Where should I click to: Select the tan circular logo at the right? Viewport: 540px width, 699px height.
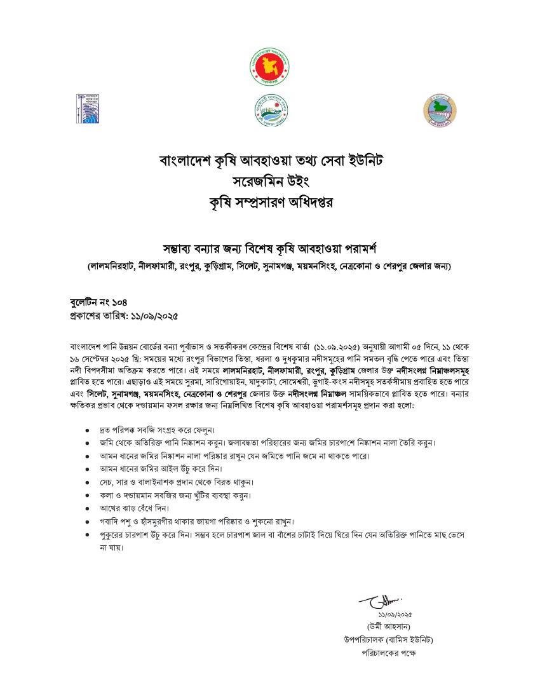[x=440, y=110]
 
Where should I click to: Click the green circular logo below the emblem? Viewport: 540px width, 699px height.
[x=270, y=110]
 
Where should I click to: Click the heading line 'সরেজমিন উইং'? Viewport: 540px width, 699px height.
[x=271, y=182]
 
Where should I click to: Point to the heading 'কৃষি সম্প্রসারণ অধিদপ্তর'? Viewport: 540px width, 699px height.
[x=271, y=204]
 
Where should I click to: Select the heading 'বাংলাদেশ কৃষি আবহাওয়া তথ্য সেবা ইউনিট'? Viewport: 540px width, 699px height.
[x=271, y=159]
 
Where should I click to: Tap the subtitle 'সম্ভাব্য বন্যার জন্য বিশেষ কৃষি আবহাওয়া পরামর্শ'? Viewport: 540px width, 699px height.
[x=271, y=247]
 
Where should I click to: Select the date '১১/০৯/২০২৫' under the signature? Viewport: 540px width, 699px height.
[x=395, y=614]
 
